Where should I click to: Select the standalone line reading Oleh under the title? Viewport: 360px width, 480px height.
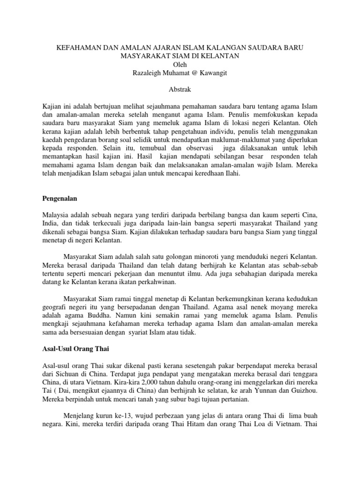tap(180, 64)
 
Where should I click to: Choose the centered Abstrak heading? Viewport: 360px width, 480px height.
tap(180, 89)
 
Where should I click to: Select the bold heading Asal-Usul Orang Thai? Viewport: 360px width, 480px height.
tap(75, 349)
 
